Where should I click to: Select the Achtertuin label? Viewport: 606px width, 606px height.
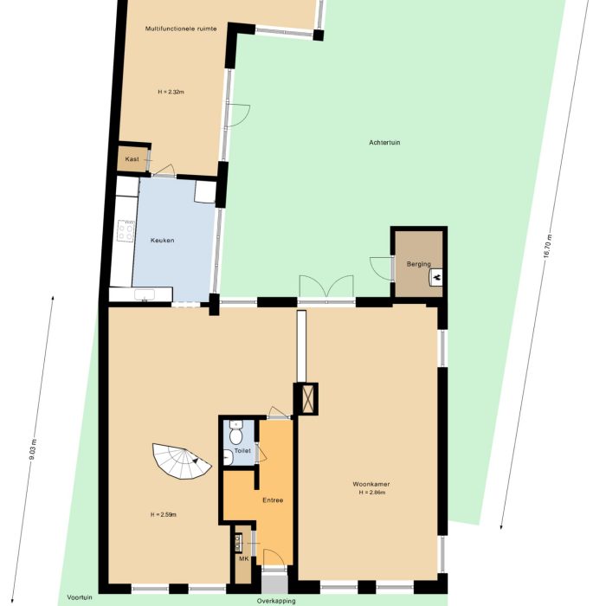click(384, 143)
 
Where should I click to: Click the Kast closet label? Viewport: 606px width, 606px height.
click(132, 159)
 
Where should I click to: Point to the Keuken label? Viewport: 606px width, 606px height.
click(163, 240)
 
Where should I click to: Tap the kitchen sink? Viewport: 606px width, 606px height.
click(145, 294)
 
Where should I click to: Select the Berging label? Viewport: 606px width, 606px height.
click(418, 264)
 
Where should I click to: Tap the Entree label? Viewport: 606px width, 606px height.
click(273, 500)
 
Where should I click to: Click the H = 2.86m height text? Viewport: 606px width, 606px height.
click(371, 493)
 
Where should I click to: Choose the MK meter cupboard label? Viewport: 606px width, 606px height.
click(243, 558)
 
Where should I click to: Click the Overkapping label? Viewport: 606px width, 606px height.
click(275, 600)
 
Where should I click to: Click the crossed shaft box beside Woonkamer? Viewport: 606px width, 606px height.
click(306, 399)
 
